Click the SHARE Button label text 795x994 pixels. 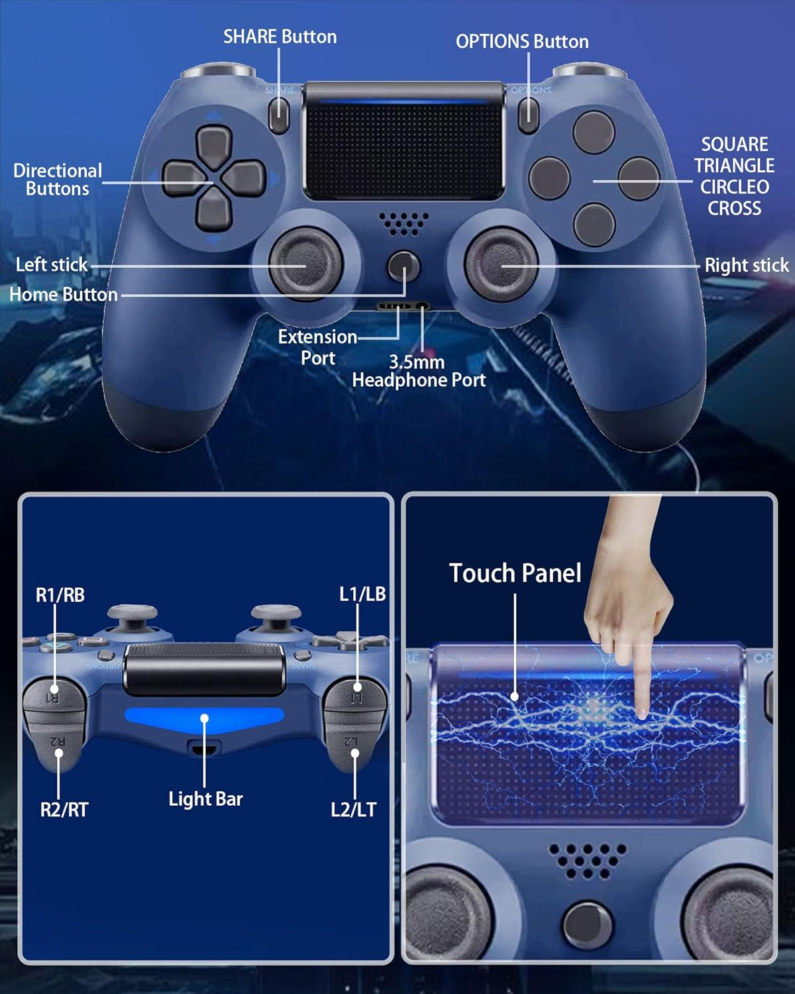280,36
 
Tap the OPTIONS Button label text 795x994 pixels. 522,42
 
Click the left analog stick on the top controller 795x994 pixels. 305,264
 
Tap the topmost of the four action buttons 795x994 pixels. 594,131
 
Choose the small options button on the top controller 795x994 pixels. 528,113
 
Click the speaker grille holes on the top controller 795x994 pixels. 403,223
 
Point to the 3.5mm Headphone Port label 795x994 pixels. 418,371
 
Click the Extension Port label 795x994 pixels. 317,347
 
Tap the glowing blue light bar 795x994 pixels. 204,718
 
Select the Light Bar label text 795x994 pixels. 205,799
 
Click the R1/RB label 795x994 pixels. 60,595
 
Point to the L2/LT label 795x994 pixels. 353,809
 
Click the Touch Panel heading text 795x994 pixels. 515,573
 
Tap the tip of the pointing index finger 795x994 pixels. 641,713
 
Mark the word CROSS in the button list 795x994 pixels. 734,208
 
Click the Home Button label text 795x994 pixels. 64,294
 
